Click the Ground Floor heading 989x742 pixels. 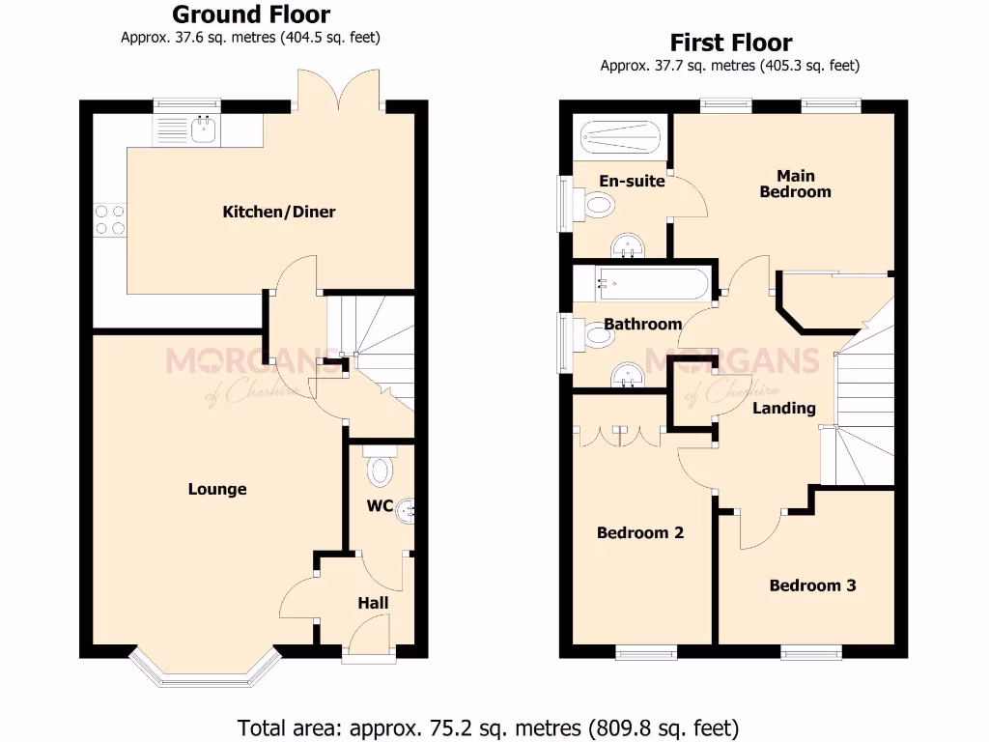tap(250, 14)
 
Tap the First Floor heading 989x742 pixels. tap(730, 43)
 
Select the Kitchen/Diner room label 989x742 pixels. tap(279, 212)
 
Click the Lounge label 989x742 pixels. tap(217, 489)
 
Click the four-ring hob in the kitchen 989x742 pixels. tap(108, 220)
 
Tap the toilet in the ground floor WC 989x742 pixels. tap(381, 469)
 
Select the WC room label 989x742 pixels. tap(379, 506)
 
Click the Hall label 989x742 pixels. tap(373, 603)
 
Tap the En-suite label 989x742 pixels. tap(632, 181)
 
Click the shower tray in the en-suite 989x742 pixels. tap(621, 138)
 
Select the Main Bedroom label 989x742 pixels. tap(795, 184)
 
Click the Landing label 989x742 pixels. tap(783, 408)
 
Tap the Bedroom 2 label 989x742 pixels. tap(639, 532)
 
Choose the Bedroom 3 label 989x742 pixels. tap(812, 585)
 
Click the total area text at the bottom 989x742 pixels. tap(488, 726)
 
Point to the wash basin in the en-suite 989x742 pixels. tap(629, 245)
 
